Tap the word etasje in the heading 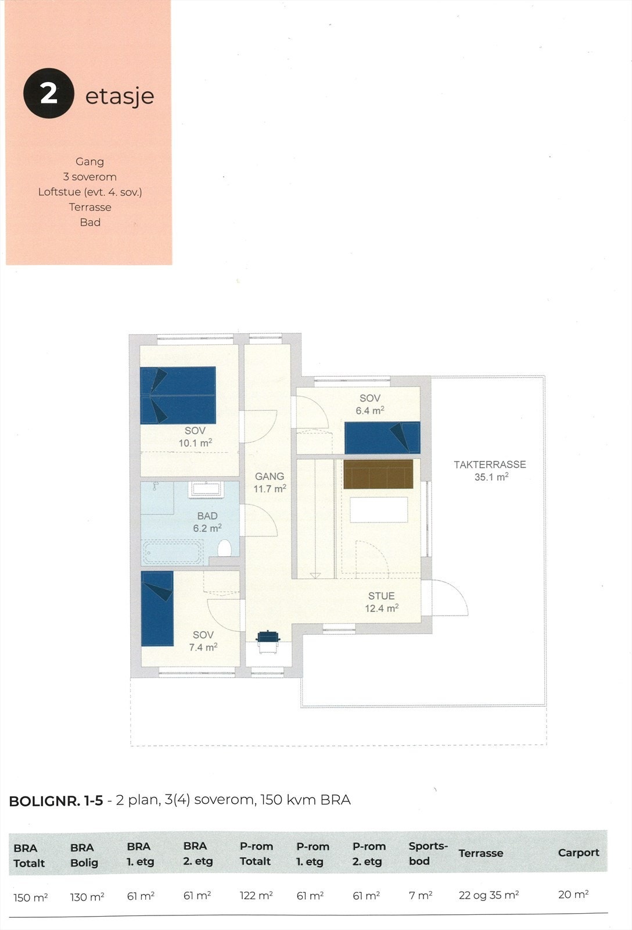pos(120,96)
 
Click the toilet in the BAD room pos(224,548)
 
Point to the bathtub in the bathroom pos(173,552)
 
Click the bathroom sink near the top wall pos(206,489)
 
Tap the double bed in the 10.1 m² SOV pos(178,395)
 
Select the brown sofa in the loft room pos(378,474)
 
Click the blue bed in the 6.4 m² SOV pos(382,438)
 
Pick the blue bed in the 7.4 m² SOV pos(157,609)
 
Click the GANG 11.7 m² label pos(270,482)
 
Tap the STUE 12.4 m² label pos(381,602)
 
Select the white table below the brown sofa pos(378,509)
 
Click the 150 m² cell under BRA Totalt pos(30,897)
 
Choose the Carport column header pos(578,853)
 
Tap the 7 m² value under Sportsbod pos(420,896)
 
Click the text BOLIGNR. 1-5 pos(56,800)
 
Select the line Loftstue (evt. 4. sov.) pos(90,192)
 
